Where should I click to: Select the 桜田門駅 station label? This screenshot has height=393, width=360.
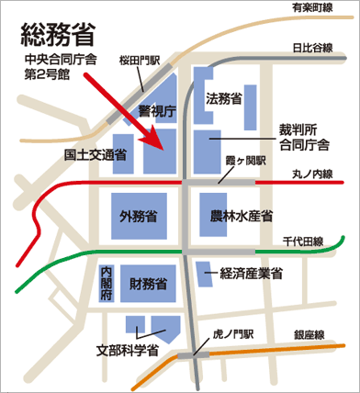141,62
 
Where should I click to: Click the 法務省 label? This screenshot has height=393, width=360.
224,98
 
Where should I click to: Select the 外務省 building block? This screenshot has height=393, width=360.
137,217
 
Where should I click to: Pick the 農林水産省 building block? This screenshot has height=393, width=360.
237,217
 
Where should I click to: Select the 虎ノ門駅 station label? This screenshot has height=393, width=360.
230,336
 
